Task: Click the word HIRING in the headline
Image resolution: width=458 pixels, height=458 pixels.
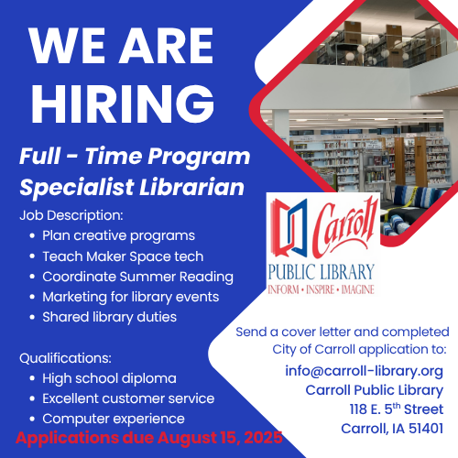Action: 123,104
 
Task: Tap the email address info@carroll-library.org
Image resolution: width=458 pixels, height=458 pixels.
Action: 364,371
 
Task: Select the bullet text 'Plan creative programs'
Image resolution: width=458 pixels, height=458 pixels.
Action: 118,236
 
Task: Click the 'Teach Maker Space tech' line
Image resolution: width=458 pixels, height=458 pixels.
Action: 123,256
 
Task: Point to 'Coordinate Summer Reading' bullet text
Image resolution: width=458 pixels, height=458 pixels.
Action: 137,278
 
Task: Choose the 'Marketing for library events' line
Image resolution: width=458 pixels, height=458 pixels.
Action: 131,298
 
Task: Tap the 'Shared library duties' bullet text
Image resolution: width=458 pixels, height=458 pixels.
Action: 109,317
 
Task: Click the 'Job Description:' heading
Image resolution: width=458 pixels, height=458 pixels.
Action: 71,215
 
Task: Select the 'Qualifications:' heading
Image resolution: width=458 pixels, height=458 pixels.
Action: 65,358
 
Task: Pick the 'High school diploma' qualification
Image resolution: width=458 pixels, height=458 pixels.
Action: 109,378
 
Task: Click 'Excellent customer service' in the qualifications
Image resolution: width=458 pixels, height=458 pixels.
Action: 128,398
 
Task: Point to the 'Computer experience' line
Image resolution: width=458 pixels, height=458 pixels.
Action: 114,420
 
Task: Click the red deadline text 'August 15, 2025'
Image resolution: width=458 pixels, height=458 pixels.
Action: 220,439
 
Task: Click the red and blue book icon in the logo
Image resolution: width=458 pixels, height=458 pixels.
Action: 289,226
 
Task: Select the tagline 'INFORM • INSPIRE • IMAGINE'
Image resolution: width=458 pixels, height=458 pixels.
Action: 321,289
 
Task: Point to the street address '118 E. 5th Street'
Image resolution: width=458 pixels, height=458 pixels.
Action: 397,409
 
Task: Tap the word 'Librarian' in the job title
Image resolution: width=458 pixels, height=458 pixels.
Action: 191,187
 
